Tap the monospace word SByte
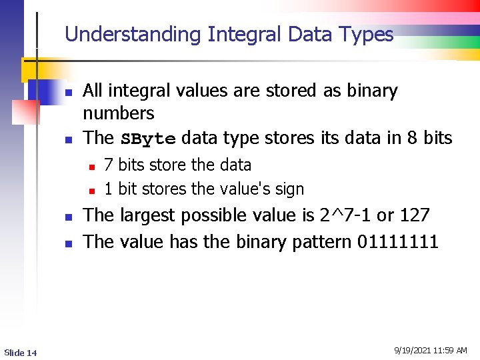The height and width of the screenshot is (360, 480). (148, 139)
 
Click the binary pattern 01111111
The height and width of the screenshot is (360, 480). (398, 241)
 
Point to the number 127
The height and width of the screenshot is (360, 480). (415, 215)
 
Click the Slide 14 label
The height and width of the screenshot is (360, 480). (20, 352)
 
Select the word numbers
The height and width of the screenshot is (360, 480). (118, 113)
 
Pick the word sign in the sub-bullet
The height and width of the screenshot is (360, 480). (289, 189)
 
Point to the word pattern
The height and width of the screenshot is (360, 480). (322, 241)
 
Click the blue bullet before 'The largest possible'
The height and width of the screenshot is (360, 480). (67, 217)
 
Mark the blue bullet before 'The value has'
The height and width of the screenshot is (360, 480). (67, 243)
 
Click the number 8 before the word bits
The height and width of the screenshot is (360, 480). (412, 138)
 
